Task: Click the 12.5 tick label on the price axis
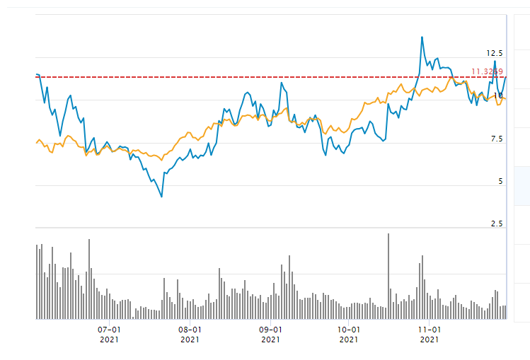click(494, 54)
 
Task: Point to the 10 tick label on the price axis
click(498, 96)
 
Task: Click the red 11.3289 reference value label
click(487, 71)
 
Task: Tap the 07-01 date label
click(109, 329)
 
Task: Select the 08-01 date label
click(190, 329)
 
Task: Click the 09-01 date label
click(270, 329)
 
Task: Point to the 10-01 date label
click(349, 329)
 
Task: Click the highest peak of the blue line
click(422, 37)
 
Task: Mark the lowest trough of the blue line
click(162, 197)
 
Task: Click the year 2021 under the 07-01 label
click(109, 339)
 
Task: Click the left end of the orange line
click(36, 143)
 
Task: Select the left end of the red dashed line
click(37, 76)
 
